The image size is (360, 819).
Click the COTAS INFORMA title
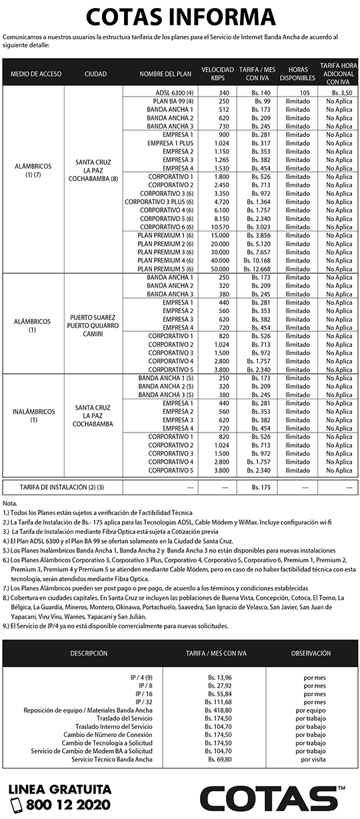coord(179,17)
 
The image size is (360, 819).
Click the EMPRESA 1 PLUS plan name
coord(170,143)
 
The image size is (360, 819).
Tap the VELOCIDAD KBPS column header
coord(217,73)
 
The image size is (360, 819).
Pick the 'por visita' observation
coord(313,759)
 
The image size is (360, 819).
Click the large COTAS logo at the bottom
coord(273,798)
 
